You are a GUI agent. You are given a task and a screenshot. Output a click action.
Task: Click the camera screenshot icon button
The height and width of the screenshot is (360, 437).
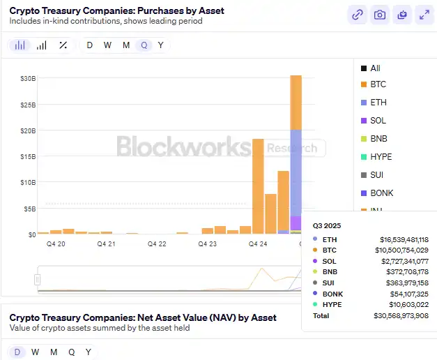click(x=379, y=15)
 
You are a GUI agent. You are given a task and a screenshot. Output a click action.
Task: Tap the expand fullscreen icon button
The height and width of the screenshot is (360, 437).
click(x=423, y=15)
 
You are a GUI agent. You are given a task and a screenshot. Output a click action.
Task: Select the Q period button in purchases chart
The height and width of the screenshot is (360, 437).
click(x=144, y=45)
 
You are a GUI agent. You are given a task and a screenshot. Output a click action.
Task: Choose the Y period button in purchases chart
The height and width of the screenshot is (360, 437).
click(x=161, y=45)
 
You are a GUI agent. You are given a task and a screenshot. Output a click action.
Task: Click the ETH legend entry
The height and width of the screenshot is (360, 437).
click(x=378, y=103)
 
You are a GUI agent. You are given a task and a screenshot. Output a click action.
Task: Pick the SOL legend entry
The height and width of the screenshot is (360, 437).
click(x=378, y=121)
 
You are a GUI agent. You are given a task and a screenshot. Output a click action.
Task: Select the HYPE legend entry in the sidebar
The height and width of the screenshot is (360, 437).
click(x=381, y=157)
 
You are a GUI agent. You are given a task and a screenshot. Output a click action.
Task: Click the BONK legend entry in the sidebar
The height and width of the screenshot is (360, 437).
click(x=382, y=193)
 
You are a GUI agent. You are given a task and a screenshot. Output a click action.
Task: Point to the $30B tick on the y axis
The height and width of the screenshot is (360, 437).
click(x=27, y=79)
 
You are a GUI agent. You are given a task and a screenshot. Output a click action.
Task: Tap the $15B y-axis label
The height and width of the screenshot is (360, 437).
click(x=27, y=156)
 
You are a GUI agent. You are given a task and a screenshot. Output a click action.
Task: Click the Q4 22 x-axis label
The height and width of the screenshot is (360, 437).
click(x=157, y=244)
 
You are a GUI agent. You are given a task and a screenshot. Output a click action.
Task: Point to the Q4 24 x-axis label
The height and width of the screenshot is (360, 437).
click(x=257, y=244)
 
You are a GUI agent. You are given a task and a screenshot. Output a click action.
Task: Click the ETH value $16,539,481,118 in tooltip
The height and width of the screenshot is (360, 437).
click(x=405, y=239)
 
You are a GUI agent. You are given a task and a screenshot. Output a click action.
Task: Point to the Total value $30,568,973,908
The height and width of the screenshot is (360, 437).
click(x=405, y=316)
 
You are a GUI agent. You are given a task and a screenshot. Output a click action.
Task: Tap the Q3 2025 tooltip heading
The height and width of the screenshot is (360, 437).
click(x=326, y=226)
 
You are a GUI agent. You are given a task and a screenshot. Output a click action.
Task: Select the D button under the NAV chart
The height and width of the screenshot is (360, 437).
click(x=17, y=352)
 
